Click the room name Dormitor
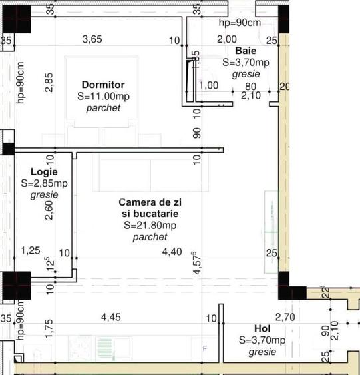click(102, 85)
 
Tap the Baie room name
click(246, 51)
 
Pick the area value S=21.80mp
click(150, 225)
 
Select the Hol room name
click(262, 328)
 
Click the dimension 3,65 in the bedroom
click(92, 39)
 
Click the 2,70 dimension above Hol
click(285, 317)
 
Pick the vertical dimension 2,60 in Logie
click(49, 211)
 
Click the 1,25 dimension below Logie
click(31, 250)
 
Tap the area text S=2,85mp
click(44, 183)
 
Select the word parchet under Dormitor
click(103, 107)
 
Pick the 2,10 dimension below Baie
click(250, 96)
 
